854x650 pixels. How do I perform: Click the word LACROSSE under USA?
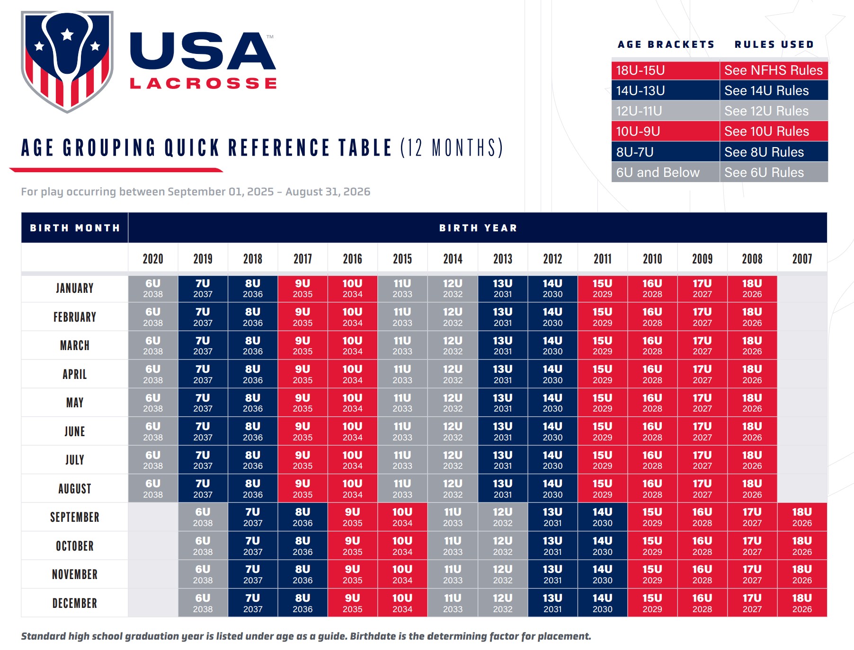[203, 84]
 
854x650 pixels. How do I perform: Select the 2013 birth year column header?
[503, 259]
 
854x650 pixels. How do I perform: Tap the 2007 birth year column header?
[802, 259]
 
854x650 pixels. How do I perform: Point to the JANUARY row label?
[75, 288]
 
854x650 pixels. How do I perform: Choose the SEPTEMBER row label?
[75, 517]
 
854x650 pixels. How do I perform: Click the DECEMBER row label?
[75, 603]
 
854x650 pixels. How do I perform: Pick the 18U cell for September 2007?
[802, 517]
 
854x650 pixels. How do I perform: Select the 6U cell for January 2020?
[153, 288]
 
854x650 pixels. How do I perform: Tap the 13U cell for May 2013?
[503, 403]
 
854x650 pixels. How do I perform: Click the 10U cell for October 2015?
[402, 546]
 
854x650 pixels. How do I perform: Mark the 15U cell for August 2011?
[602, 488]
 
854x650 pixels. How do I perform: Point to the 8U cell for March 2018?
[253, 345]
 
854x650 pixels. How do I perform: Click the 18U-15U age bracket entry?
[640, 70]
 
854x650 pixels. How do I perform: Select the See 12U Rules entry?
[766, 111]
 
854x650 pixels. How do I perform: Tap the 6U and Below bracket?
[658, 173]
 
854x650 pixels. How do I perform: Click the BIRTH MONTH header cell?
[75, 228]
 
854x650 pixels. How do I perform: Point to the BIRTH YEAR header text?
[478, 228]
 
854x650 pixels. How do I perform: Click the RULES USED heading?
[774, 44]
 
